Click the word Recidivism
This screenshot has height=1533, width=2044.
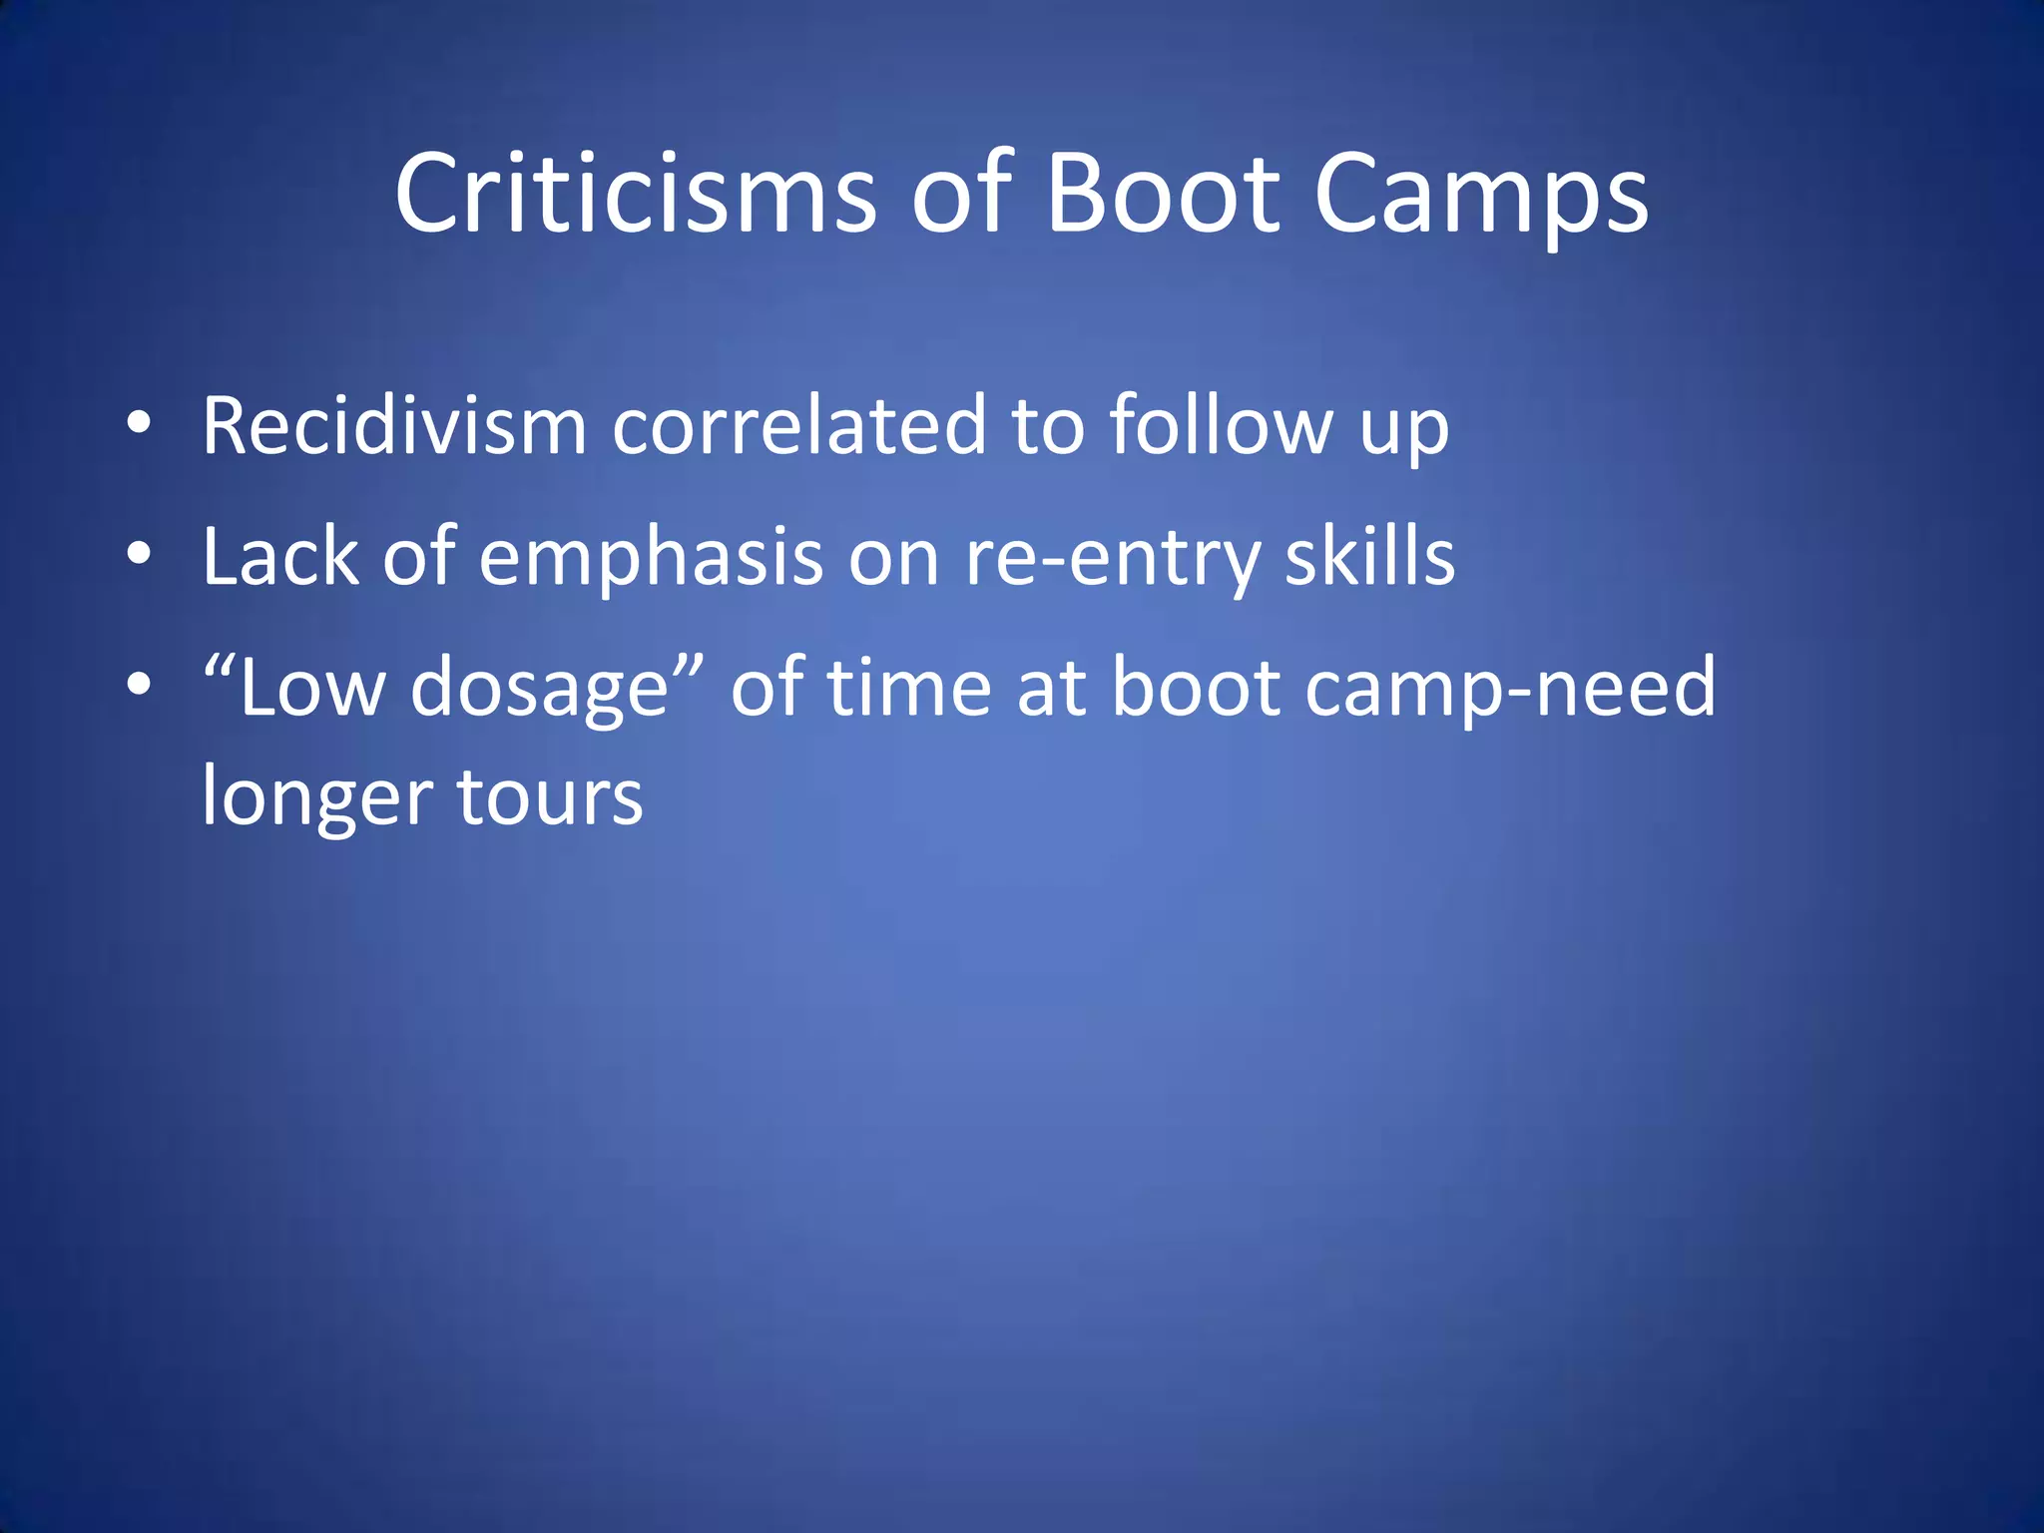tap(394, 426)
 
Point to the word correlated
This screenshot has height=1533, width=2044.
tap(798, 426)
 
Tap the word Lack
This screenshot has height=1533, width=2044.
tap(279, 556)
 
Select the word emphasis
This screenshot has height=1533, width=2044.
tap(651, 556)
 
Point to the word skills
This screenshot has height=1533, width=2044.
tap(1369, 556)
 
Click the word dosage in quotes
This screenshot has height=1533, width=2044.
tap(540, 689)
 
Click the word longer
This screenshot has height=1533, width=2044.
tap(317, 797)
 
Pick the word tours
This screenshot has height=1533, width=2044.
tap(550, 797)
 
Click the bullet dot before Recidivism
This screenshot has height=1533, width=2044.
tap(139, 423)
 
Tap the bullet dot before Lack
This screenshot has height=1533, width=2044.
tap(139, 554)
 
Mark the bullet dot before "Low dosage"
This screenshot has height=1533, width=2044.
tap(139, 685)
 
